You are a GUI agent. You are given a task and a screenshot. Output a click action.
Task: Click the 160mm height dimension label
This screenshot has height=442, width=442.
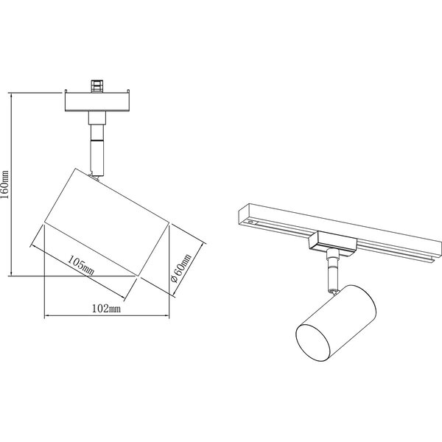pos(6,184)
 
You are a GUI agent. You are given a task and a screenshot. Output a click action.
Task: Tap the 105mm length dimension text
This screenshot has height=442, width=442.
pos(80,266)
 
